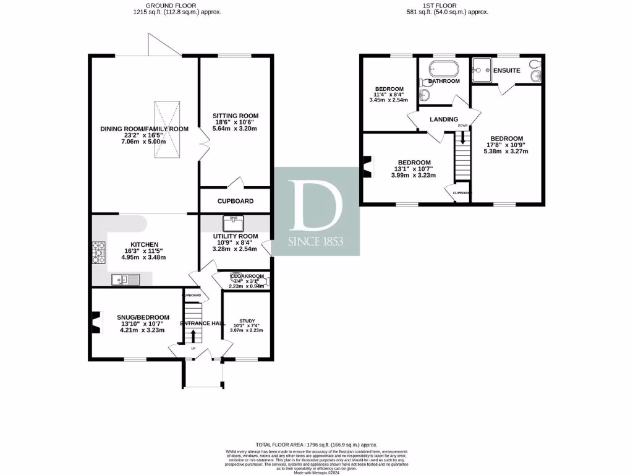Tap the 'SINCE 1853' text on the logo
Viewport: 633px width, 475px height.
(x=316, y=242)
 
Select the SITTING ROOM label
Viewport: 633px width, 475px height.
(x=235, y=116)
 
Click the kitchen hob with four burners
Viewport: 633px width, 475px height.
(x=99, y=252)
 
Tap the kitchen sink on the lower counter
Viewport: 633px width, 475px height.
(x=126, y=280)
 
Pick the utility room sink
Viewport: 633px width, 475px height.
(x=233, y=221)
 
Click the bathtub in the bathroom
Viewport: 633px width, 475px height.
(x=443, y=67)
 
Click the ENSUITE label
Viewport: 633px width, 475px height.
(x=506, y=71)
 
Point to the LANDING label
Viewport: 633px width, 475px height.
(x=444, y=119)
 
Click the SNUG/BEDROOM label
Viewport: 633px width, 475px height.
(x=143, y=317)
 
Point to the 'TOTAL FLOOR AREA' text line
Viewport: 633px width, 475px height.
(x=316, y=445)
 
